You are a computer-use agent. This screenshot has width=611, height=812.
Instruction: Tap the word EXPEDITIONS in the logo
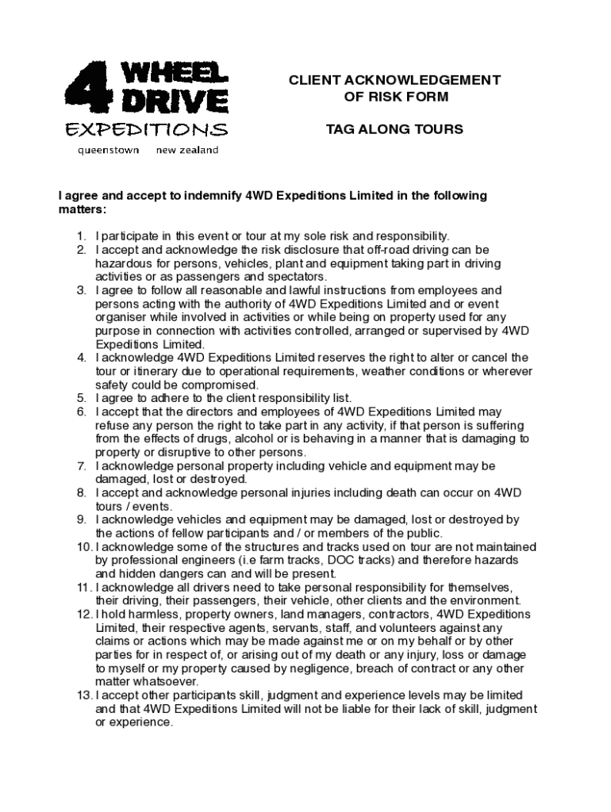click(146, 130)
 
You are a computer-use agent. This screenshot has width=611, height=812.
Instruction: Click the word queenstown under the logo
click(107, 150)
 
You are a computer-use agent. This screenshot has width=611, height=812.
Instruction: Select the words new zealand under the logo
click(186, 150)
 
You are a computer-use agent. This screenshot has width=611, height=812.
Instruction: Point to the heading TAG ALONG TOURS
click(394, 129)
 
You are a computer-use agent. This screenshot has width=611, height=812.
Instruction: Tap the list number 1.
click(81, 236)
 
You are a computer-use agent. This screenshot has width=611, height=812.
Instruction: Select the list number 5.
click(81, 398)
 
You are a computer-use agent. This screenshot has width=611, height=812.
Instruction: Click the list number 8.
click(81, 492)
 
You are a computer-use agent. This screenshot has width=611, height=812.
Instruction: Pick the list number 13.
click(84, 695)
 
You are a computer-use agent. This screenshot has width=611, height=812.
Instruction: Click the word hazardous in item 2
click(123, 263)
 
